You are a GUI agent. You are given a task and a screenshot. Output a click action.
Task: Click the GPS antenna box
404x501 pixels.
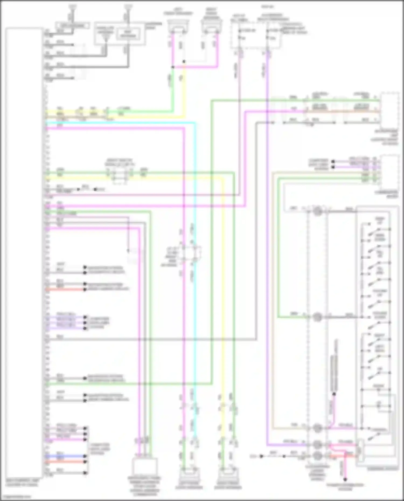click(x=72, y=26)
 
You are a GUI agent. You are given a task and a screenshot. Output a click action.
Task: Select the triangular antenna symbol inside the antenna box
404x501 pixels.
click(x=106, y=38)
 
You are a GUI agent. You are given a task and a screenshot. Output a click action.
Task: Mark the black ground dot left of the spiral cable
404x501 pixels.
click(x=261, y=456)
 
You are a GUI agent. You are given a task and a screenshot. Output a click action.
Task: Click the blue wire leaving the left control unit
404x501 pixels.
click(x=65, y=456)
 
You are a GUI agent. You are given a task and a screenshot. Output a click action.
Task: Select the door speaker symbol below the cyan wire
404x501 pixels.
click(x=189, y=475)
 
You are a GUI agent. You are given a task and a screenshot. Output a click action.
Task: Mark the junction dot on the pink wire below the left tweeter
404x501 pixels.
click(x=173, y=67)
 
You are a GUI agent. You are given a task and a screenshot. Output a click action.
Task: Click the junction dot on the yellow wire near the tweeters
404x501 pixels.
click(x=184, y=62)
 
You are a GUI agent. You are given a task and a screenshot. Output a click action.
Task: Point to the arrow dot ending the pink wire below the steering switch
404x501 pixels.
click(x=345, y=479)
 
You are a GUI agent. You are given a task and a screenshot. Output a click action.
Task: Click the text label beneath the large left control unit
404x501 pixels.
click(x=23, y=482)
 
